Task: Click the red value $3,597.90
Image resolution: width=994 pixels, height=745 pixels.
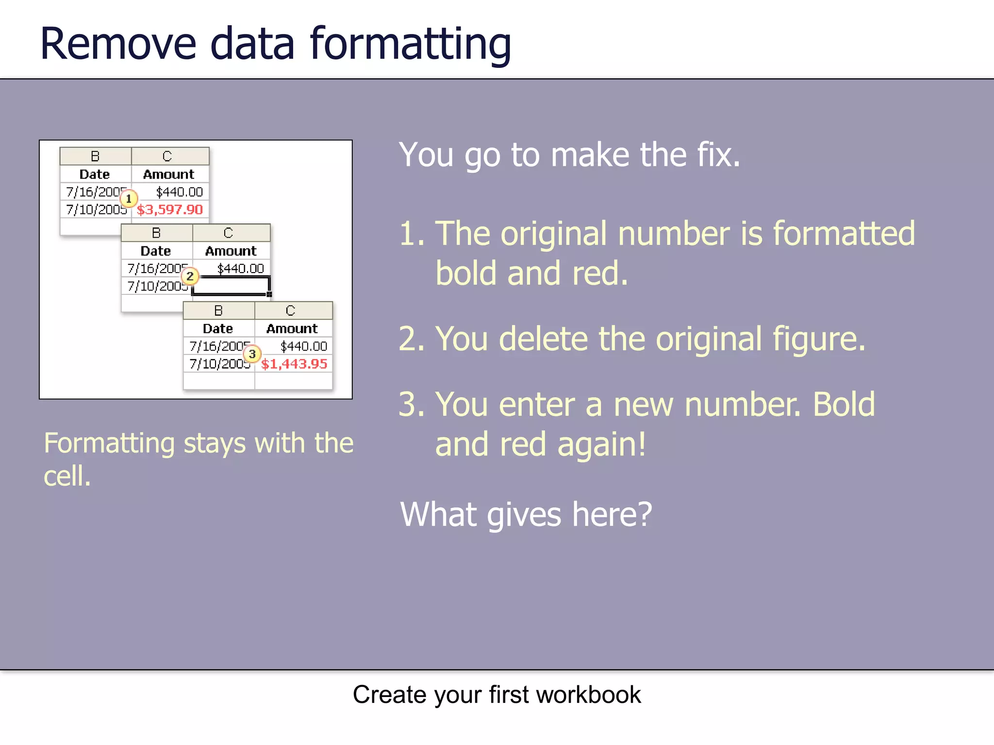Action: pos(169,210)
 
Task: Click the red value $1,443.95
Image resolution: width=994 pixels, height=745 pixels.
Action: pos(294,364)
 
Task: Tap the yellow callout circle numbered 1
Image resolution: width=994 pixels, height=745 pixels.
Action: pos(129,198)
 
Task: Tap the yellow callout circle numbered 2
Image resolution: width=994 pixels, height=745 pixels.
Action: pos(190,276)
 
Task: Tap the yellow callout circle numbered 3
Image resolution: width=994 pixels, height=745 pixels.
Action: pos(252,354)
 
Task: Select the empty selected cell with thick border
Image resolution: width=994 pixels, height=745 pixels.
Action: pos(231,286)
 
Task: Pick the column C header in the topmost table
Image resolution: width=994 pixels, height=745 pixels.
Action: pos(167,156)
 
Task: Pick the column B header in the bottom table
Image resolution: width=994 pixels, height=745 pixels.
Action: pos(218,310)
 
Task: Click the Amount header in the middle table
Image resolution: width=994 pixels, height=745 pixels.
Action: pos(231,251)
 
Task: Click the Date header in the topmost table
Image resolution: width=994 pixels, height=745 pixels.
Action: pos(95,174)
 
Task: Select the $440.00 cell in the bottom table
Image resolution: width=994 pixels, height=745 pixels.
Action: pos(303,346)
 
